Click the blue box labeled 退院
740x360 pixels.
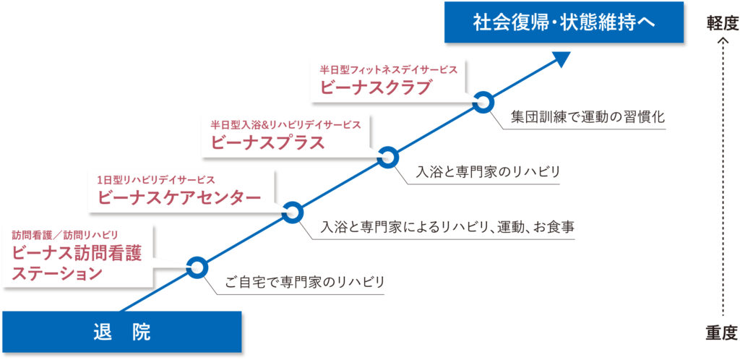tap(121, 332)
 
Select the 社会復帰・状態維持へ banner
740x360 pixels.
tap(564, 22)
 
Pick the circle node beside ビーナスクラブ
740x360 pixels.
tap(482, 102)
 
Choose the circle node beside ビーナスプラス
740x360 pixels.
tap(387, 157)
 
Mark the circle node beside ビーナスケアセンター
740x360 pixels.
tap(292, 212)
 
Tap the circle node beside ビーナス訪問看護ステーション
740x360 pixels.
tap(197, 267)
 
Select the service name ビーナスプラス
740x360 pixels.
tap(268, 142)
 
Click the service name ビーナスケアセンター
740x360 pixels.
tap(178, 197)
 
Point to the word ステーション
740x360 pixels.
tap(57, 273)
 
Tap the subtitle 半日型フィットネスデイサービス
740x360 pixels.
tap(388, 70)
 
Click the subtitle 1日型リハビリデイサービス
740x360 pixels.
tap(156, 179)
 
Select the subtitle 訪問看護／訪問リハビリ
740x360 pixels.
tap(64, 234)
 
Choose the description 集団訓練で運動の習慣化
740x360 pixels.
tap(588, 116)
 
